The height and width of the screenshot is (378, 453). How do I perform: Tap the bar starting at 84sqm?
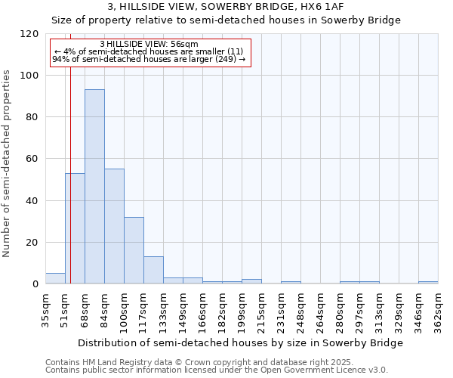114,226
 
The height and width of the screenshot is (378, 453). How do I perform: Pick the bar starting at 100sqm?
134,250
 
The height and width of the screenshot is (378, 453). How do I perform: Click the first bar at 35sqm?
55,278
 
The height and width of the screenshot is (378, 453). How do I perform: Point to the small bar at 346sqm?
428,283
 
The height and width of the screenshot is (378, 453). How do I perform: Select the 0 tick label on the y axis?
35,284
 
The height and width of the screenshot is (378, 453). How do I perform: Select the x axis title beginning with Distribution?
242,342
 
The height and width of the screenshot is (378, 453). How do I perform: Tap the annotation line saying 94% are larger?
149,59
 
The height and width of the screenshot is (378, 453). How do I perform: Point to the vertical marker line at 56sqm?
70,174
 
